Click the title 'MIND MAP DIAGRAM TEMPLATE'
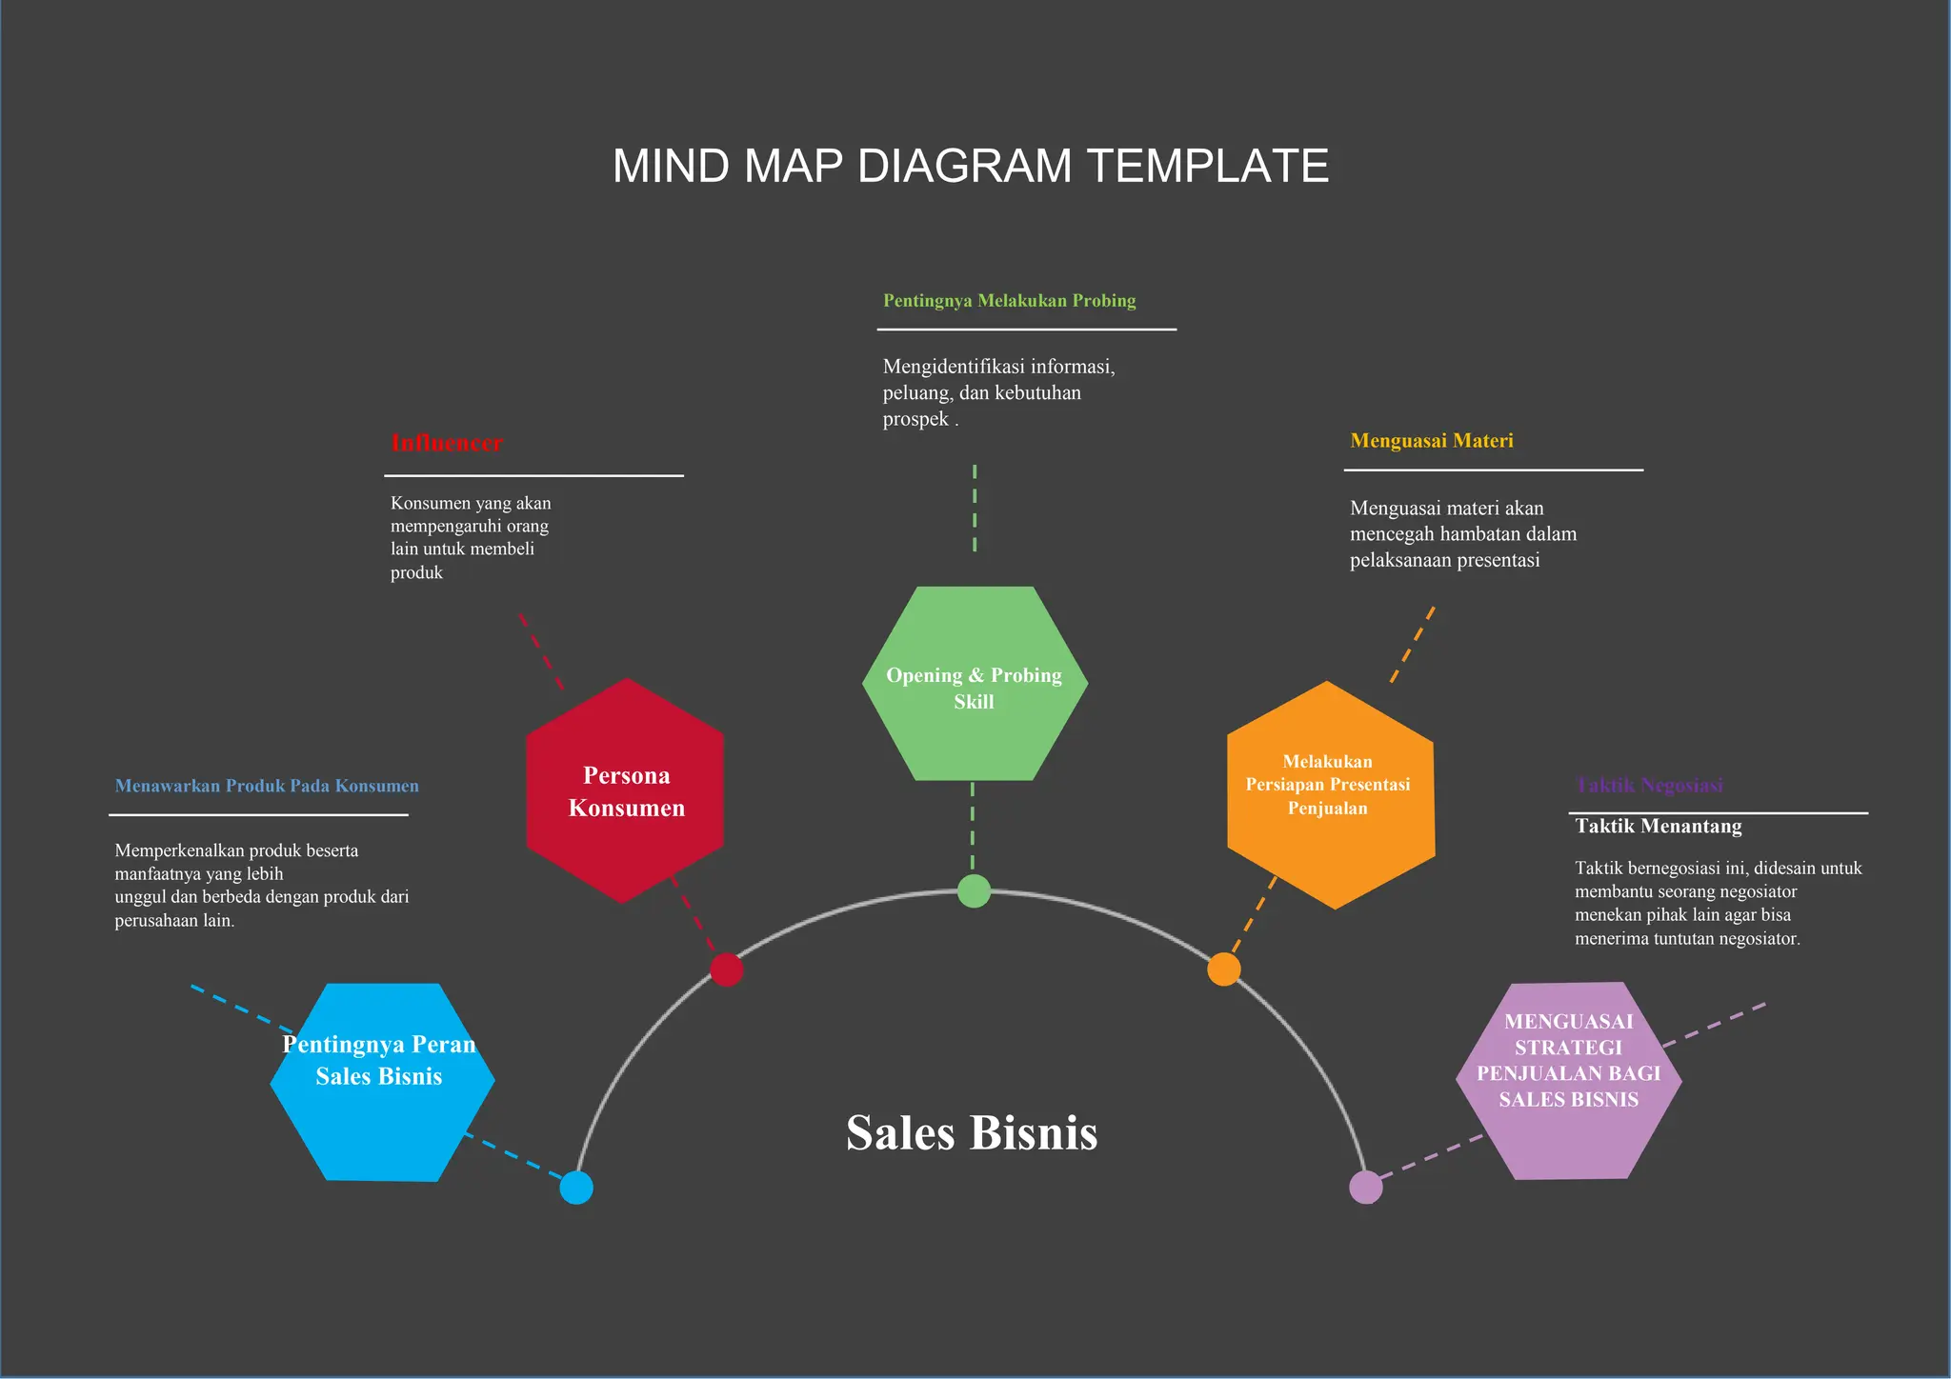tap(970, 166)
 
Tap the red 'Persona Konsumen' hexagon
tap(626, 791)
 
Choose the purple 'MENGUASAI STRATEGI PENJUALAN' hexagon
tap(1568, 1081)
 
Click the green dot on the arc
tap(974, 890)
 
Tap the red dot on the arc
tap(726, 969)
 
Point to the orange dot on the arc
tap(1224, 969)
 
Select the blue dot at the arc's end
tap(576, 1188)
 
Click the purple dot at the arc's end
tap(1365, 1188)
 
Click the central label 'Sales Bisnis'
tap(972, 1133)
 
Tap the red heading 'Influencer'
tap(447, 443)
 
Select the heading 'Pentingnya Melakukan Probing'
tap(1009, 301)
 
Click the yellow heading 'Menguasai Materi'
tap(1431, 441)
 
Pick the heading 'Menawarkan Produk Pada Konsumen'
tap(267, 786)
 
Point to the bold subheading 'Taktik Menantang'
tap(1658, 827)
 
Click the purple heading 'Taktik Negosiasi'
tap(1649, 786)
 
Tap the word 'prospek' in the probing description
tap(915, 419)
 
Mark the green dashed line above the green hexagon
tap(975, 509)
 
